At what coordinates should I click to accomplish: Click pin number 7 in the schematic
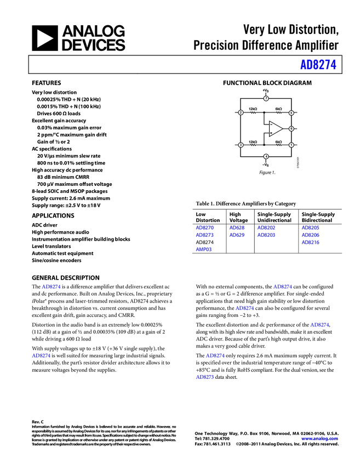tap(266, 99)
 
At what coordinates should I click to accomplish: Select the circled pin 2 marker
tap(241, 112)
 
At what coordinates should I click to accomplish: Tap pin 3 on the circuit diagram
tap(241, 145)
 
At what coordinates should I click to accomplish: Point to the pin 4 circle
tap(266, 156)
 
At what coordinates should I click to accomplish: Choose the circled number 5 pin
tap(291, 113)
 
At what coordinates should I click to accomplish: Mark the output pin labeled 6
tap(291, 129)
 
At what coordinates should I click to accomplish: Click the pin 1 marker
tap(291, 145)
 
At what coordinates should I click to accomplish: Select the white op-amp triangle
tap(275, 129)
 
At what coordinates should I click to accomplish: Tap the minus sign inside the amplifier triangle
tap(271, 124)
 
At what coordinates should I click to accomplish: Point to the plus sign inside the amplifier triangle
tap(271, 133)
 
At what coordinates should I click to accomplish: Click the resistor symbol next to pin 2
tap(253, 113)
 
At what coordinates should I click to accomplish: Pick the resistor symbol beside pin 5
tap(279, 113)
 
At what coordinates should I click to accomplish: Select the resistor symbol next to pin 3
tap(253, 145)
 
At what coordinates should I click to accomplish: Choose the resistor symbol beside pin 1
tap(279, 145)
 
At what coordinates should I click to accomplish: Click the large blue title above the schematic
tap(318, 65)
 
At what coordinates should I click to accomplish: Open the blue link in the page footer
tap(319, 439)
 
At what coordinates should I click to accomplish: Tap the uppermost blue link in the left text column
tap(51, 287)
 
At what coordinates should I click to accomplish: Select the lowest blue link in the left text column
tap(41, 355)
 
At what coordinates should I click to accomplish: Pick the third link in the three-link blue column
tap(310, 242)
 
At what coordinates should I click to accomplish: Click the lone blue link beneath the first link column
tap(204, 249)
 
